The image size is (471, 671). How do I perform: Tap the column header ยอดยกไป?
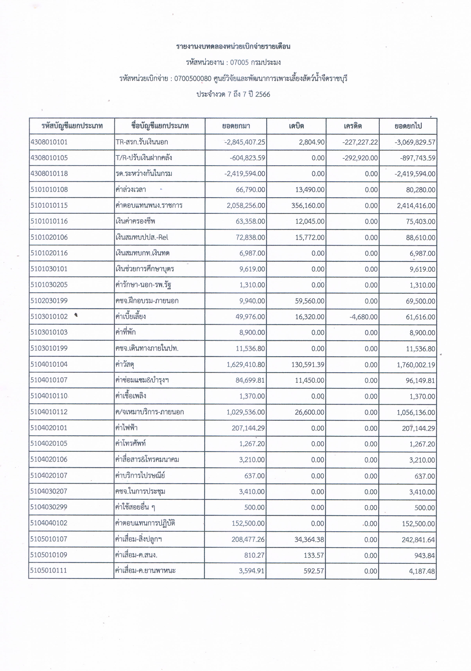click(x=408, y=126)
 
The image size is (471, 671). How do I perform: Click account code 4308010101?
click(x=49, y=142)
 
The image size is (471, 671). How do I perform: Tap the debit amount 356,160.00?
click(x=308, y=205)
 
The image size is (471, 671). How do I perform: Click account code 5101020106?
click(x=49, y=237)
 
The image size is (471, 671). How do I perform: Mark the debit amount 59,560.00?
click(x=310, y=301)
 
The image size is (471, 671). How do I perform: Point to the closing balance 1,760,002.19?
click(x=416, y=365)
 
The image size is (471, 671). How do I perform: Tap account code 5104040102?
click(x=49, y=523)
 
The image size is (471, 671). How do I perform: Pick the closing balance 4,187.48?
click(x=422, y=571)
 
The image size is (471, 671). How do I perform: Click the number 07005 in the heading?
click(x=239, y=62)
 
